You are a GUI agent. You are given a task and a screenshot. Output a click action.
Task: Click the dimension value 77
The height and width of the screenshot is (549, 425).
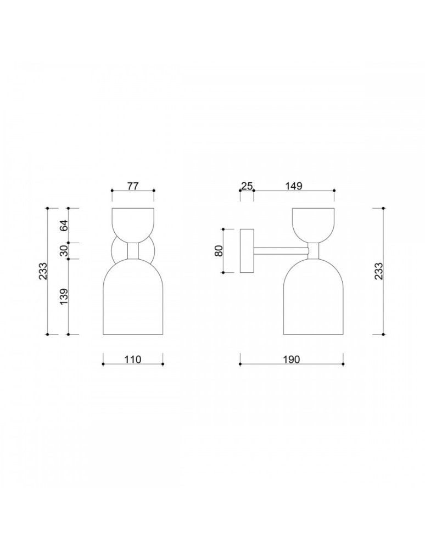click(x=132, y=186)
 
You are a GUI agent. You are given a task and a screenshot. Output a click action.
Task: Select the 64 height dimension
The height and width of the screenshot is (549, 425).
click(x=63, y=225)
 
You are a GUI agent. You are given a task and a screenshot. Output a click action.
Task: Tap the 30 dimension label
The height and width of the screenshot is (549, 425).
click(x=63, y=251)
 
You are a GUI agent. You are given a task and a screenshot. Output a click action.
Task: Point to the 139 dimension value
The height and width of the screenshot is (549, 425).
click(x=63, y=296)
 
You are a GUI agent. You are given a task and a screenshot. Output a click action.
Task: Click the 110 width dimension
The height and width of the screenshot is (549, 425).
click(x=133, y=360)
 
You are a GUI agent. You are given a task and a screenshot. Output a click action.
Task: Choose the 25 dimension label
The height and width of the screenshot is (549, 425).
click(x=247, y=186)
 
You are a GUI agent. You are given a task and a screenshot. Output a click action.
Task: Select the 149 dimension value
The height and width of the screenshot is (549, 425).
click(x=294, y=186)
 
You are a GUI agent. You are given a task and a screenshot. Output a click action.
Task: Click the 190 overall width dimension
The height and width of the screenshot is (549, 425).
click(x=291, y=360)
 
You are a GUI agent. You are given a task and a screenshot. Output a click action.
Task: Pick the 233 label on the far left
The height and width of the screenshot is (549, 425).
click(x=43, y=271)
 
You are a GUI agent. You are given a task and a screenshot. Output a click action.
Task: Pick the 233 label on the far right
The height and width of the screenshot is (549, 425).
click(x=378, y=271)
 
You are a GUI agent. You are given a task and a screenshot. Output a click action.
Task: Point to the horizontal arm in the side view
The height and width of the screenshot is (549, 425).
click(x=280, y=251)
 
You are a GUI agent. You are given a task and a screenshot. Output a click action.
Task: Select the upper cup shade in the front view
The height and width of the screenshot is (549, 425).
click(x=132, y=224)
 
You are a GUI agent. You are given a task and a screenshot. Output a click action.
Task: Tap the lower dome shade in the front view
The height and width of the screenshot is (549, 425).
click(x=133, y=299)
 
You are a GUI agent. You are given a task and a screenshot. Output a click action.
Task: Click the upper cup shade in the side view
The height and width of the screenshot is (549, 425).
click(x=312, y=224)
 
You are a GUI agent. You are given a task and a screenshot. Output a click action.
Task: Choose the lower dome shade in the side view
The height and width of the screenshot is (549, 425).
click(x=313, y=299)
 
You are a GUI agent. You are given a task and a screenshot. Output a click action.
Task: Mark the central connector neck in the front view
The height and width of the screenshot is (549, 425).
click(x=132, y=251)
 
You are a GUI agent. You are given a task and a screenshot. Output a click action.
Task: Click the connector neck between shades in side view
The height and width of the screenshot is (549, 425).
click(x=313, y=251)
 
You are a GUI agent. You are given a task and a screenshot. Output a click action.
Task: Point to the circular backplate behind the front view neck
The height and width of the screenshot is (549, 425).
click(x=116, y=251)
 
